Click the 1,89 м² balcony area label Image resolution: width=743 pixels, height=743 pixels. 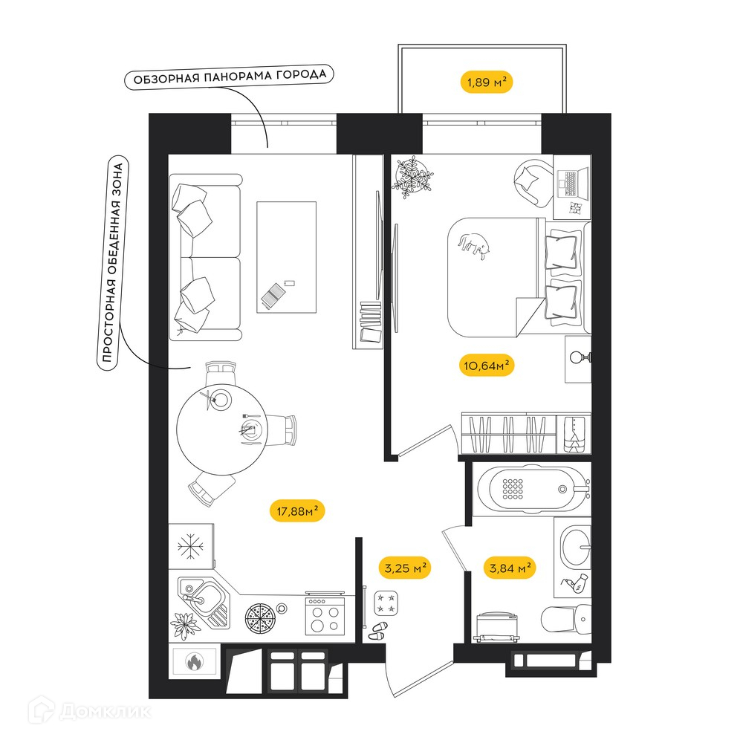coord(487,82)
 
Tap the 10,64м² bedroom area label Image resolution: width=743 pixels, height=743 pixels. coord(487,366)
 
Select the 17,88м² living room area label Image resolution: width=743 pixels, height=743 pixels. coord(297,511)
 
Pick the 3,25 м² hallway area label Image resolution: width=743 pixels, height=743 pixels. coord(405,567)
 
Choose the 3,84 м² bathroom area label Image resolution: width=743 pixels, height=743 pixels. coord(510,567)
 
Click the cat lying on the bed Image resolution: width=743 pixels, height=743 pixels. coord(474,244)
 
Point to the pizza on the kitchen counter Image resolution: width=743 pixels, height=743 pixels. coord(260,619)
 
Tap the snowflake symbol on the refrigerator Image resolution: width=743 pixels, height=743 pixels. coord(190,546)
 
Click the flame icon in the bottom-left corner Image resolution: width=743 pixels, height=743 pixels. coord(194,661)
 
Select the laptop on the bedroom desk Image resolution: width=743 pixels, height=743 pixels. coord(572,183)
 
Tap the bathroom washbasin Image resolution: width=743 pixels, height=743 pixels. coord(576,547)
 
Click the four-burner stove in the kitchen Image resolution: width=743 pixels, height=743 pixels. coord(325,615)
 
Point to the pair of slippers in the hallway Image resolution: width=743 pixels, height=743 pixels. coord(379,631)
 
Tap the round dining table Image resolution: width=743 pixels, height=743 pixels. coord(221,429)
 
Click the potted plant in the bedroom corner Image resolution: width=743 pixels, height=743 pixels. coord(412,176)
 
